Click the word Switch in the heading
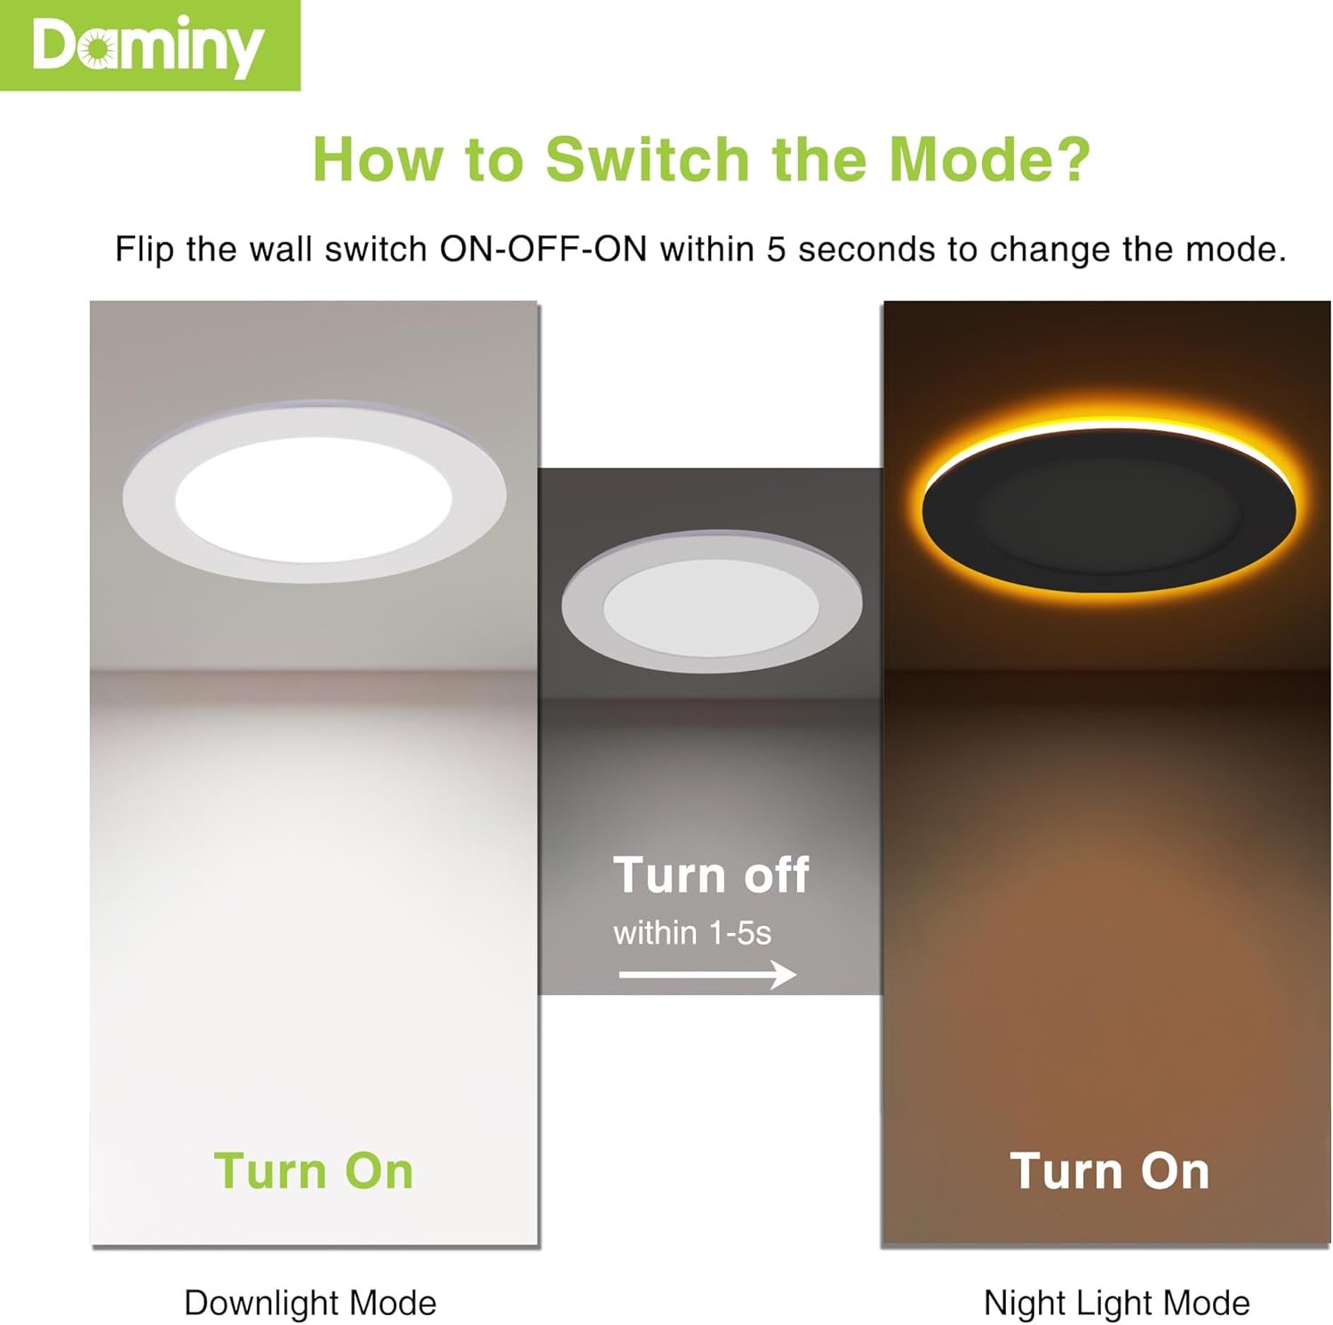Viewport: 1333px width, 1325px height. [x=648, y=160]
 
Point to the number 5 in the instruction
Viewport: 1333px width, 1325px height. [x=776, y=250]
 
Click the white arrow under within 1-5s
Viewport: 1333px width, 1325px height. [x=706, y=974]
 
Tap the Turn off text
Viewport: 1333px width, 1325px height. [x=711, y=875]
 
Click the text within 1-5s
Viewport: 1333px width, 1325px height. [x=692, y=933]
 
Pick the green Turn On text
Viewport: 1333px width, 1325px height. [x=314, y=1170]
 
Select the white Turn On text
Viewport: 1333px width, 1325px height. [x=1109, y=1170]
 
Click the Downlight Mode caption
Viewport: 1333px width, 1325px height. [x=310, y=1303]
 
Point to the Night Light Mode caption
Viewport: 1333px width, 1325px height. [x=1116, y=1303]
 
